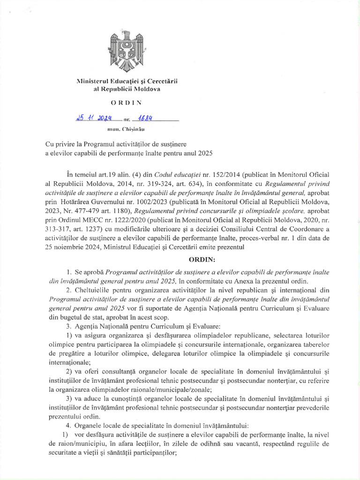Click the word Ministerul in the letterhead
click(x=94, y=82)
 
